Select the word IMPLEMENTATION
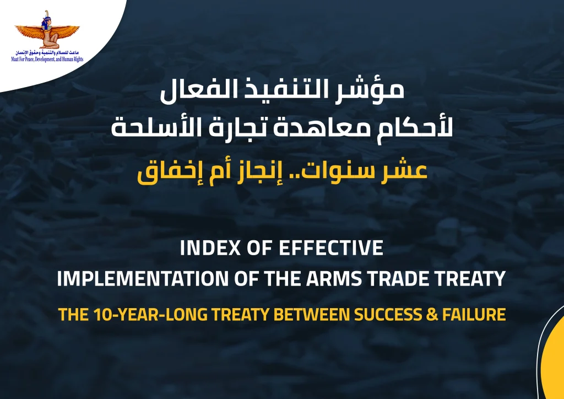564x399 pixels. tap(143, 279)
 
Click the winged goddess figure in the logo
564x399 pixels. tap(47, 30)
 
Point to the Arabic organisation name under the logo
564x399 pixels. tap(47, 53)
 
